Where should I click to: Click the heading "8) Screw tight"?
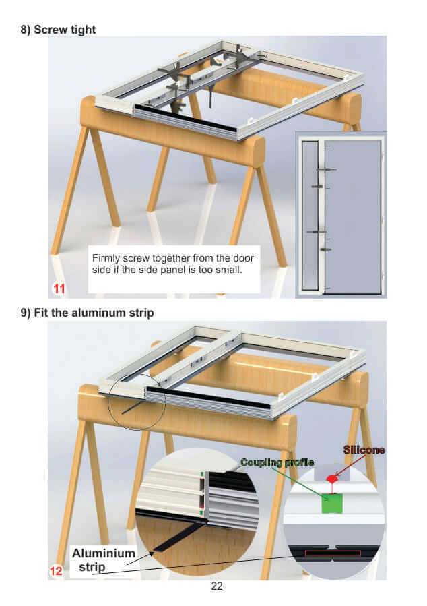(58, 30)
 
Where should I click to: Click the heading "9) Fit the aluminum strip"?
(88, 313)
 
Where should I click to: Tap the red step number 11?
(59, 289)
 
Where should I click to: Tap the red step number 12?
(56, 571)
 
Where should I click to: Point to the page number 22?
(217, 586)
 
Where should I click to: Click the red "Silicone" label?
(364, 450)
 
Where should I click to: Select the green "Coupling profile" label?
(277, 462)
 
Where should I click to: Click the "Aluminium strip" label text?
(103, 560)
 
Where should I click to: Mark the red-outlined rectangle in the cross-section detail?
(333, 553)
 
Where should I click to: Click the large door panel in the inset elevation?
(352, 216)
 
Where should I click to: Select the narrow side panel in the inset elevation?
(310, 215)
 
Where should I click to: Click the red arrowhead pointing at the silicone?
(337, 474)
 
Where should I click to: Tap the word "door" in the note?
(244, 258)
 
